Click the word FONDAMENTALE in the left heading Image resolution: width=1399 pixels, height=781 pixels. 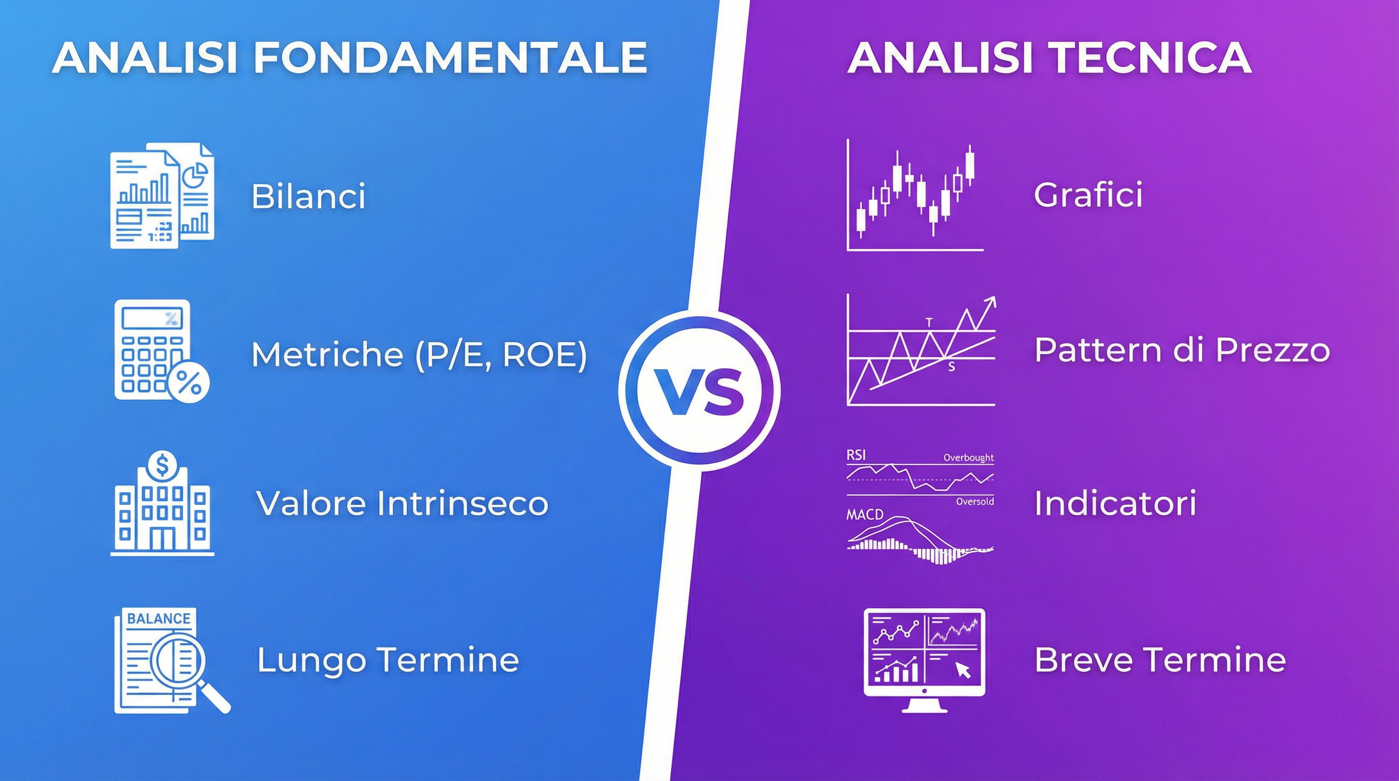(451, 57)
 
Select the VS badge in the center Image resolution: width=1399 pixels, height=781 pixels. (699, 391)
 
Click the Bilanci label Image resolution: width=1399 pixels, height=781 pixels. (308, 196)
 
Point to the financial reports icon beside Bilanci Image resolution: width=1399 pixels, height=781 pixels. (162, 196)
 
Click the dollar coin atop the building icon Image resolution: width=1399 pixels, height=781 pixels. (162, 465)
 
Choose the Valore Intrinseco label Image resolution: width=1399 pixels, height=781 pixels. (402, 503)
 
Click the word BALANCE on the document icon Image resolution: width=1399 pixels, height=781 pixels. (159, 619)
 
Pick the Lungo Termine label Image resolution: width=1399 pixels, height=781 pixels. (388, 660)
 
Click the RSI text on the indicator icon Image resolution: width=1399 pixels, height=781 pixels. (856, 455)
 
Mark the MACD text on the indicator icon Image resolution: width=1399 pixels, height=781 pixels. (865, 515)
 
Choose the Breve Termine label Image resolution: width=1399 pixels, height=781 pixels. (1160, 660)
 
